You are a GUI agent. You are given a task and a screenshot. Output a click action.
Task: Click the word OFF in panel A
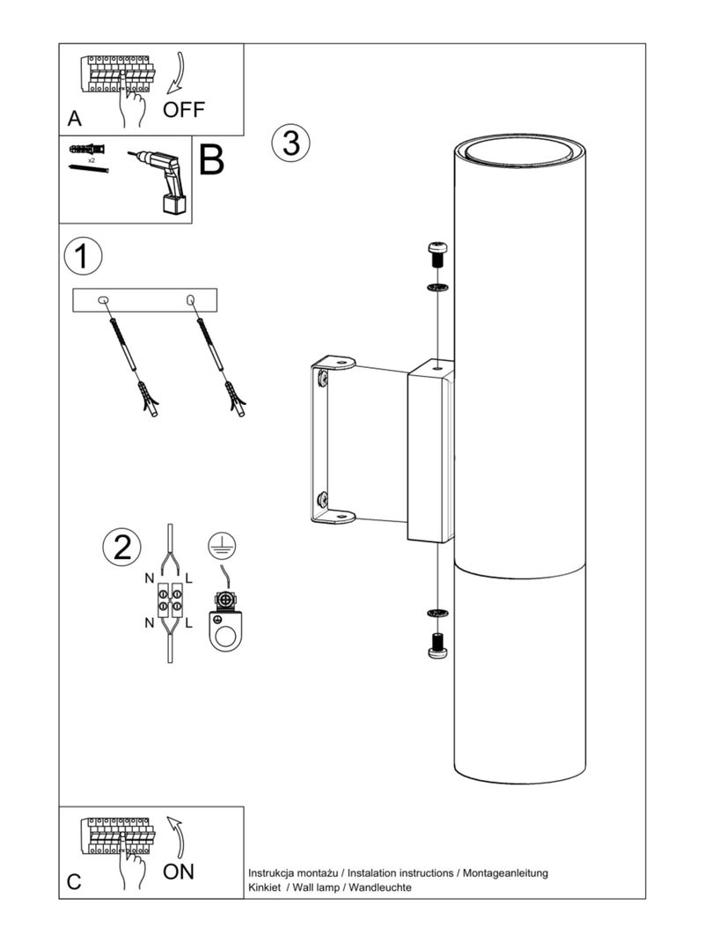pos(184,110)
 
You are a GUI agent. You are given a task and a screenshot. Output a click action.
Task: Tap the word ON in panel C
pos(179,871)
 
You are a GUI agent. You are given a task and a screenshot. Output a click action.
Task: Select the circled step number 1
pos(83,256)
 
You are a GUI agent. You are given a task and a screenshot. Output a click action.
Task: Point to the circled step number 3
pos(290,144)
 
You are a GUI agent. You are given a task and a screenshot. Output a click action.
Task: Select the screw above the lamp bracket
pos(437,255)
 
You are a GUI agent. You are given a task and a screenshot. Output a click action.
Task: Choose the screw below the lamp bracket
pos(437,645)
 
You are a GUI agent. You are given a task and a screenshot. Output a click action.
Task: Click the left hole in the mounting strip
pos(103,300)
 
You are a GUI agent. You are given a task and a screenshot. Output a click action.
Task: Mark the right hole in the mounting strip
pos(191,299)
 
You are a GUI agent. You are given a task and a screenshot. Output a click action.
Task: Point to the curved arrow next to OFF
pos(177,73)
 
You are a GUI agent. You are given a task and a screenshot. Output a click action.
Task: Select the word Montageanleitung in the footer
pos(505,873)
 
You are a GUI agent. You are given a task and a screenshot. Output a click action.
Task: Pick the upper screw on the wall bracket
pos(323,379)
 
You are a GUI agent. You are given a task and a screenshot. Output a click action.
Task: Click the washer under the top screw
pos(437,287)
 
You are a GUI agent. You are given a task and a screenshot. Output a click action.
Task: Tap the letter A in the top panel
pos(75,118)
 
